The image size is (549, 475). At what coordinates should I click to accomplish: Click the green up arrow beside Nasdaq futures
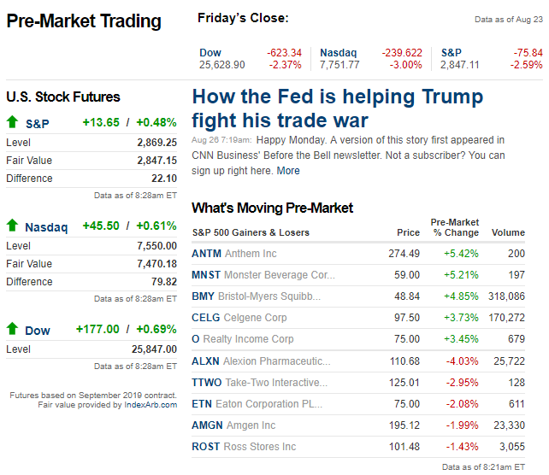pyautogui.click(x=12, y=226)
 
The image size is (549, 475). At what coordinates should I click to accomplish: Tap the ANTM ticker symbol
pyautogui.click(x=206, y=254)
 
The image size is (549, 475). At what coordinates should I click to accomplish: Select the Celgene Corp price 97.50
pyautogui.click(x=404, y=318)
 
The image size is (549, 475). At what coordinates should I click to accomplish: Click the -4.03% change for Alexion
pyautogui.click(x=461, y=361)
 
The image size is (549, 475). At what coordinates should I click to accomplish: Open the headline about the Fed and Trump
pyautogui.click(x=337, y=108)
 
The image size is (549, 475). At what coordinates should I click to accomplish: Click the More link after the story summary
pyautogui.click(x=288, y=171)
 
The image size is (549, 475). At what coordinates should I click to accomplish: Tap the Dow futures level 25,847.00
pyautogui.click(x=154, y=349)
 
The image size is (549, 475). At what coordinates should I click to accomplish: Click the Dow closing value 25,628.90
pyautogui.click(x=221, y=65)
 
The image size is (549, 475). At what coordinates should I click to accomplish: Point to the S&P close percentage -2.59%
pyautogui.click(x=527, y=65)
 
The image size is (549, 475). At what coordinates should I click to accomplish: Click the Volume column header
pyautogui.click(x=508, y=232)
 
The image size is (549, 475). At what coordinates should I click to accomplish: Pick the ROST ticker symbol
pyautogui.click(x=206, y=447)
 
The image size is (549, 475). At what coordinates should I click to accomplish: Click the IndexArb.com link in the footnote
pyautogui.click(x=151, y=404)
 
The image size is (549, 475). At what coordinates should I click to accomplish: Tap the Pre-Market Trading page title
pyautogui.click(x=84, y=21)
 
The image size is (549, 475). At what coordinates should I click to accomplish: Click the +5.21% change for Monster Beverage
pyautogui.click(x=461, y=275)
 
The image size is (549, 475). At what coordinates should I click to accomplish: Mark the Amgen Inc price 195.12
pyautogui.click(x=403, y=425)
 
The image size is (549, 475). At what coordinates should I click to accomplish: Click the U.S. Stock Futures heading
pyautogui.click(x=63, y=97)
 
